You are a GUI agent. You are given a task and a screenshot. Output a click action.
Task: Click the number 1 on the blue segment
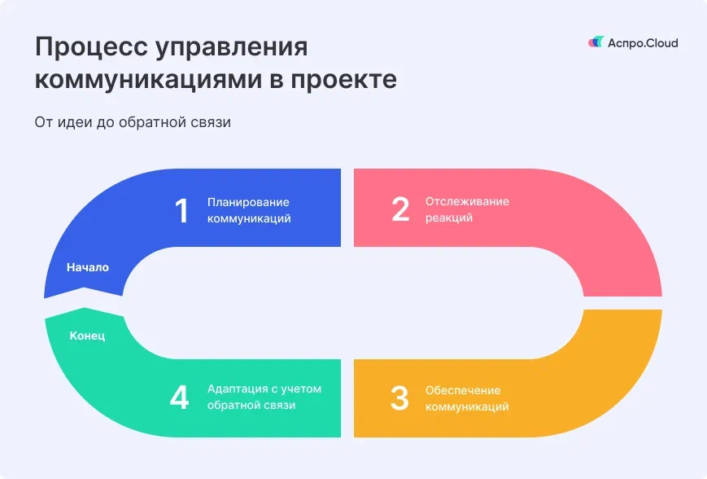coord(181,211)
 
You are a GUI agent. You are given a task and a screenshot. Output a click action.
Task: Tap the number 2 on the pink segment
coord(399,209)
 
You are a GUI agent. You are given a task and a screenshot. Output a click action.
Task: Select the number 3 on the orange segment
coord(399,398)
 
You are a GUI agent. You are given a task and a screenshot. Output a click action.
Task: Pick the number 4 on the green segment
coord(180,398)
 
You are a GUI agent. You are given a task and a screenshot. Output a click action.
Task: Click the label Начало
coord(88,267)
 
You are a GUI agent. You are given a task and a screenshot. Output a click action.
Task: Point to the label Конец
coord(87,336)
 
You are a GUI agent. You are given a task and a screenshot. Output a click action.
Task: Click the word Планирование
coord(248,202)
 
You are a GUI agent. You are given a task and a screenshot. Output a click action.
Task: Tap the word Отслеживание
coord(467,201)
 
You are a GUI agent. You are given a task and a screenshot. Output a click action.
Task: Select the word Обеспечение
coord(463,390)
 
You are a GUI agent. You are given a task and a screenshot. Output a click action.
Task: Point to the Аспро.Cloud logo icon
coord(596,42)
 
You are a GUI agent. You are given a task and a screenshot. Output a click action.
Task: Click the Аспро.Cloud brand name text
coord(643,43)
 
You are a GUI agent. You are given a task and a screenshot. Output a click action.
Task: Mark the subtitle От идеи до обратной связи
coord(133,123)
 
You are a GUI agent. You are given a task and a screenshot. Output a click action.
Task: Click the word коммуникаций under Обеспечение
coord(467,406)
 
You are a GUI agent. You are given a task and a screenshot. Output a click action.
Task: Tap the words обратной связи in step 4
coord(251,405)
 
